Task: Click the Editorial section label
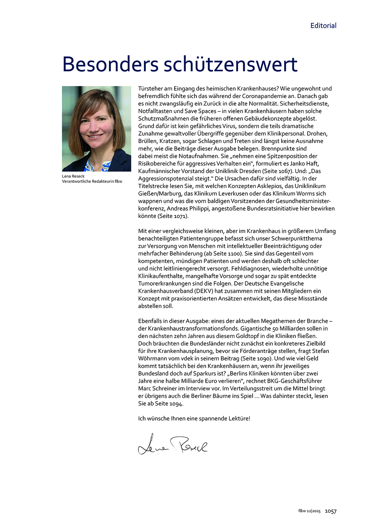point(323,26)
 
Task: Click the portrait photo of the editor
point(96,129)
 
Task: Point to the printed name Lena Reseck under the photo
point(73,176)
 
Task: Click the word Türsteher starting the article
point(151,89)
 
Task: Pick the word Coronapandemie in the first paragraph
point(274,96)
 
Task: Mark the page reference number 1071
point(180,216)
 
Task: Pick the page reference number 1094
point(176,404)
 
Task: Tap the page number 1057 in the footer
point(330,511)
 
